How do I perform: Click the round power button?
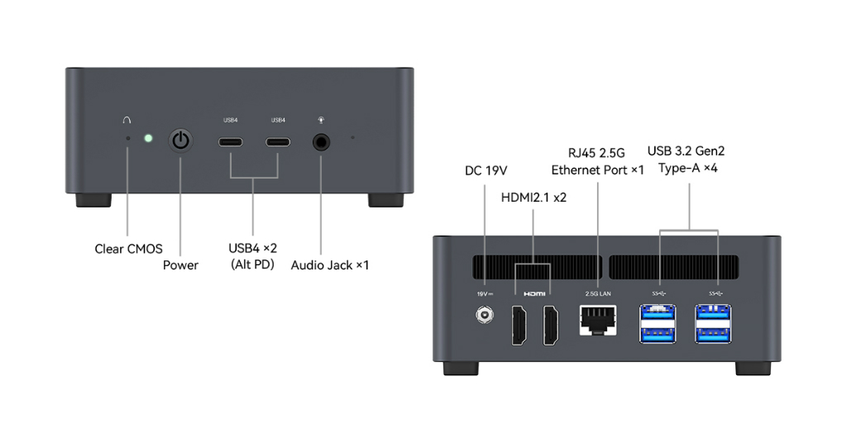tap(180, 141)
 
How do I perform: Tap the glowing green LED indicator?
tap(148, 139)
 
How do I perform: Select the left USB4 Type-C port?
tap(231, 142)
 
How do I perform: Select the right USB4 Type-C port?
tap(278, 142)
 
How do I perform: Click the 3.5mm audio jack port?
tap(322, 142)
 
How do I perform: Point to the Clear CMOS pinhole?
tap(128, 139)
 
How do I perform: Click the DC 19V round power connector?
tap(485, 315)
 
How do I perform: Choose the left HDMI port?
tap(519, 326)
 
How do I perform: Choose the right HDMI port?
tap(551, 326)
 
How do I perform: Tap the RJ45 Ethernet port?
tap(598, 321)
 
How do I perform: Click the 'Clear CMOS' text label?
tap(128, 249)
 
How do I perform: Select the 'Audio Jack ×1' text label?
tap(329, 265)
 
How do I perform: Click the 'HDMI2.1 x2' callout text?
tap(534, 198)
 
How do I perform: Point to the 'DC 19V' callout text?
tap(486, 170)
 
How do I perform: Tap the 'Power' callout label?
tap(180, 265)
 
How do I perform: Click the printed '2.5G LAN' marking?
tap(598, 293)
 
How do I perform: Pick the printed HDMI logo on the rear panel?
tap(534, 293)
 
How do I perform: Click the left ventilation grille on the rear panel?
tap(537, 267)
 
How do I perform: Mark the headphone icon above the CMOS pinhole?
tap(127, 120)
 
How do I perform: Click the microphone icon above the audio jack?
tap(322, 120)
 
